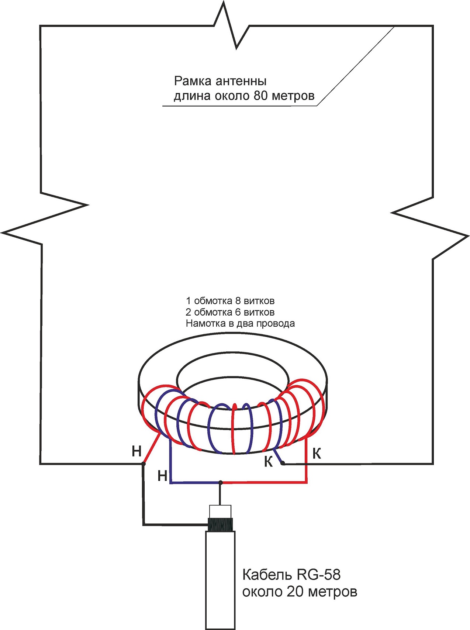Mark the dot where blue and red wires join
coord(220,482)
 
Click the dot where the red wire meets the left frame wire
coord(144,464)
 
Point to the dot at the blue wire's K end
coord(283,463)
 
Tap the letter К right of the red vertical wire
coord(317,454)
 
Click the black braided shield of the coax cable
coord(220,524)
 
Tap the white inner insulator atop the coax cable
coord(220,512)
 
